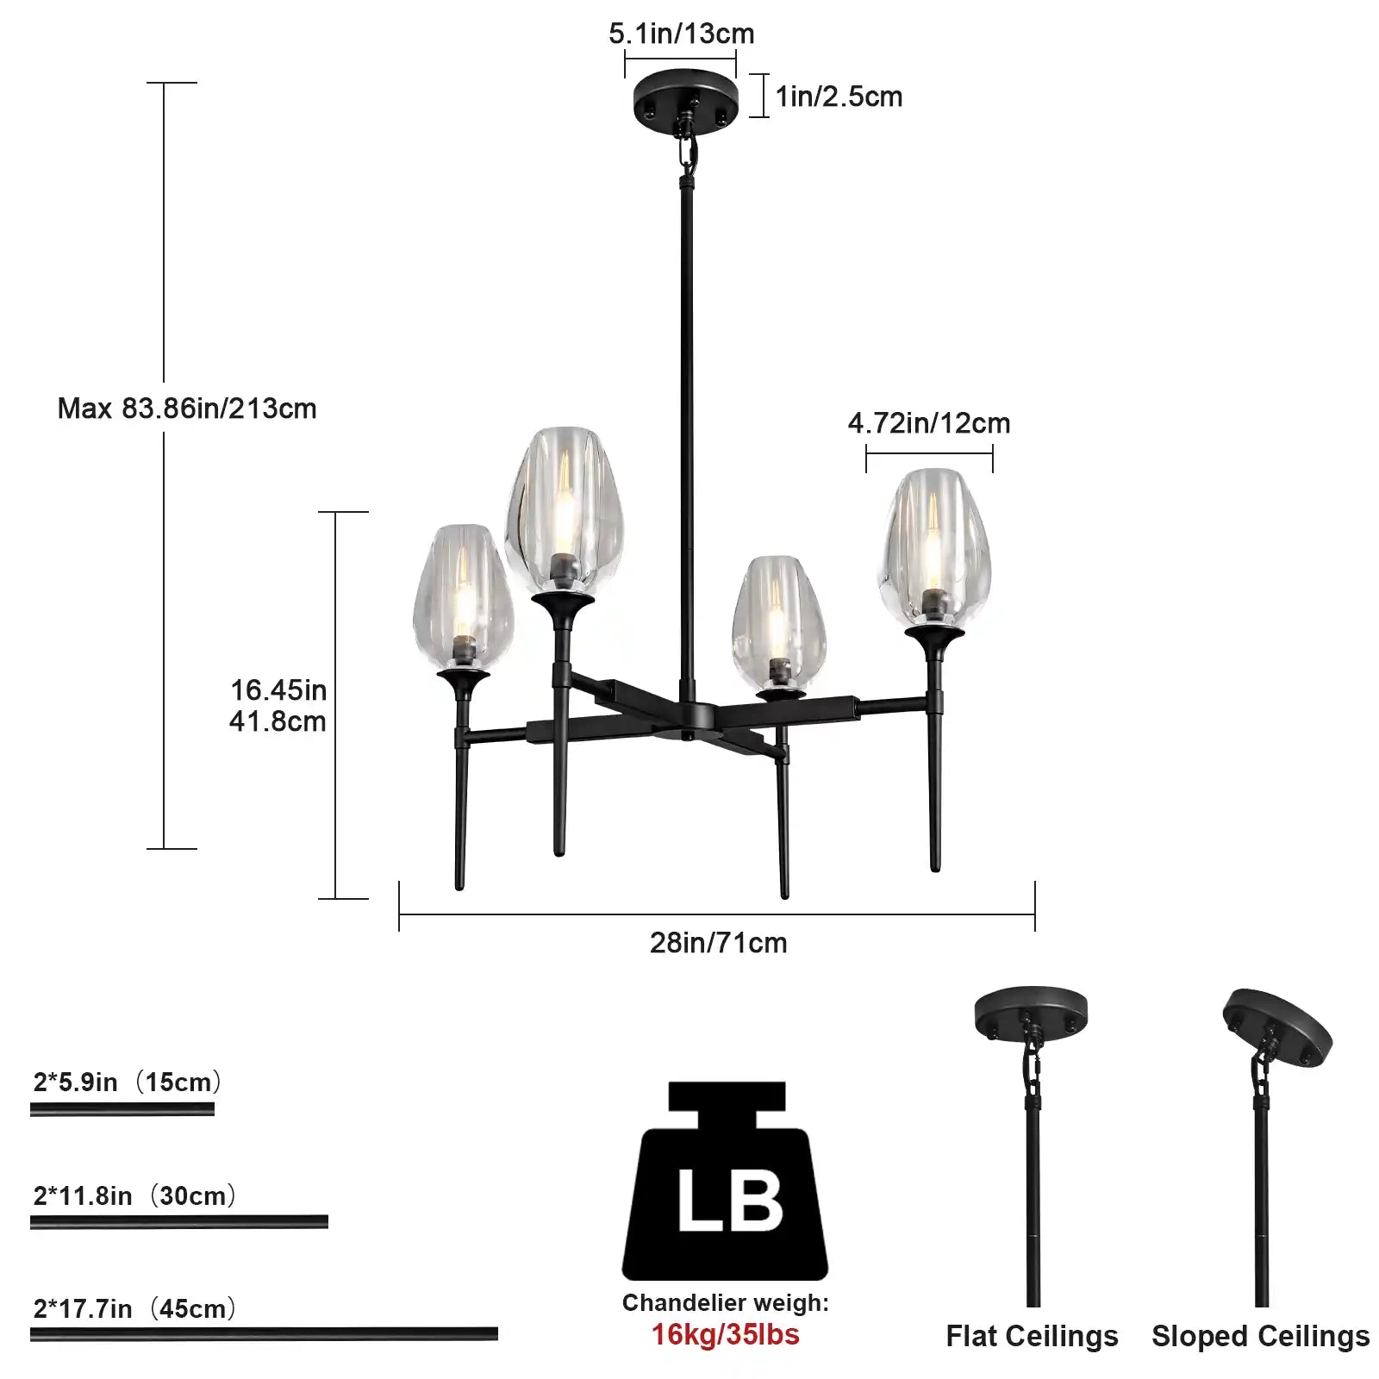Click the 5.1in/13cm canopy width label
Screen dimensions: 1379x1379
[681, 34]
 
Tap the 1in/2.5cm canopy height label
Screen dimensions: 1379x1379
[839, 97]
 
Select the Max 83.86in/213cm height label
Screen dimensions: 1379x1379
[187, 409]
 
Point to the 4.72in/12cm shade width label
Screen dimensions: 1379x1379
[928, 423]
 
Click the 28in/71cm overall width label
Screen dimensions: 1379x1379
[718, 943]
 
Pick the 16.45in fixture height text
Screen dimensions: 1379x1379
[278, 690]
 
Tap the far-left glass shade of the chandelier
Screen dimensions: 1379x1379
[463, 595]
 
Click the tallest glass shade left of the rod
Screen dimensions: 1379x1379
[565, 504]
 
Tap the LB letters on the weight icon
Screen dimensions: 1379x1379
[729, 1201]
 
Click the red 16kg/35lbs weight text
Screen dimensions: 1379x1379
[725, 1334]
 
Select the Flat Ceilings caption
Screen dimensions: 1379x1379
[1032, 1336]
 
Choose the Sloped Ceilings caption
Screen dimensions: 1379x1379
[1260, 1336]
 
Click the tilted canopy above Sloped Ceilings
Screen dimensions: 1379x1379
[1277, 1027]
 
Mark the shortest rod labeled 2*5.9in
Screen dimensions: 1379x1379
[122, 1109]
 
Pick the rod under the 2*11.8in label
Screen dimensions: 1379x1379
[179, 1221]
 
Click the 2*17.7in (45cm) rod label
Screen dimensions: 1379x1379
[134, 1308]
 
